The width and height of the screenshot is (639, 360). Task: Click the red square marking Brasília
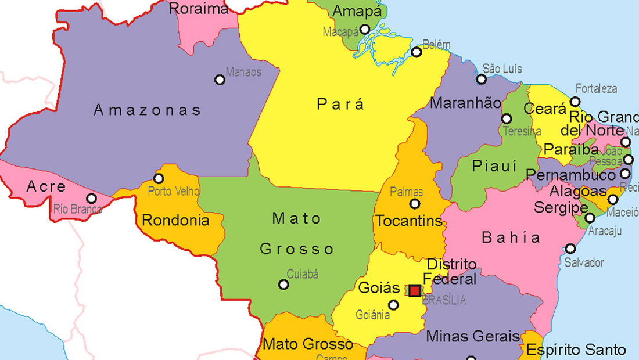[415, 290]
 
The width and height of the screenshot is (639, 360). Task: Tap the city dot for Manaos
[220, 80]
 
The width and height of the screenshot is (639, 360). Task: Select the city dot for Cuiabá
[283, 285]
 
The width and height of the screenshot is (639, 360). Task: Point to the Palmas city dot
[415, 204]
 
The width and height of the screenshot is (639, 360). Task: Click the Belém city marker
[417, 52]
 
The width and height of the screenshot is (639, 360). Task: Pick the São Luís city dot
[482, 80]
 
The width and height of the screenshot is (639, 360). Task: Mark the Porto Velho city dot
[159, 178]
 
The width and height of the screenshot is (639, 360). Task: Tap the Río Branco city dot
[91, 198]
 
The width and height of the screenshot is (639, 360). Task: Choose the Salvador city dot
[570, 249]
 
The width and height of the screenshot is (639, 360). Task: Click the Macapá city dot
[365, 30]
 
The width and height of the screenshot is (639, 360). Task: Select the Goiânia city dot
[394, 305]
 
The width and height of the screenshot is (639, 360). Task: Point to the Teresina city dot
[507, 118]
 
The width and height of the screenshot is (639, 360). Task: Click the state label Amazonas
[147, 110]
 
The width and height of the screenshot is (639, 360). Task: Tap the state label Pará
[340, 104]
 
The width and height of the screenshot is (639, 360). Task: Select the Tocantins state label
[408, 221]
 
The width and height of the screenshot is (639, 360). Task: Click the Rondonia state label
[175, 220]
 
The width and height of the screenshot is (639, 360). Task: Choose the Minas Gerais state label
[473, 336]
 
